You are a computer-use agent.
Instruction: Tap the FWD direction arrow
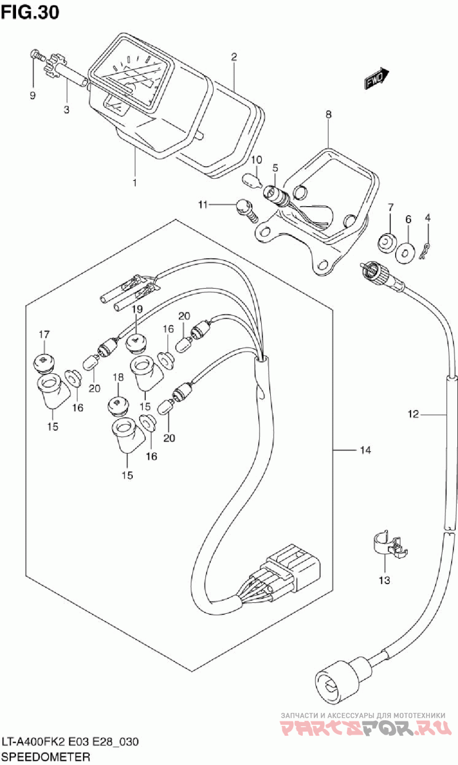(x=376, y=79)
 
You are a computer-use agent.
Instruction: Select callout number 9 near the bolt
(x=33, y=95)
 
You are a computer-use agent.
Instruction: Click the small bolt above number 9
(x=37, y=55)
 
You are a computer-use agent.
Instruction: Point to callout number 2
(x=234, y=57)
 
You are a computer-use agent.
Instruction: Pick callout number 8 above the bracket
(x=328, y=115)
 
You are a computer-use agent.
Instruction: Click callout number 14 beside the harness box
(x=365, y=451)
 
